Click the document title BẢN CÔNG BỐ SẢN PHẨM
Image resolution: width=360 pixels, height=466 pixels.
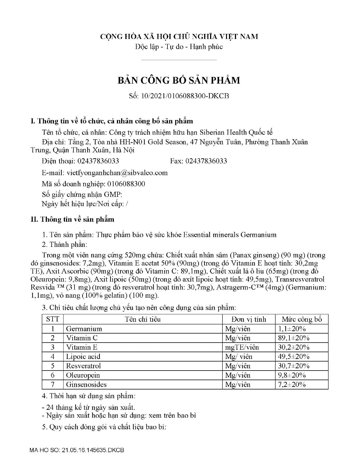(x=179, y=80)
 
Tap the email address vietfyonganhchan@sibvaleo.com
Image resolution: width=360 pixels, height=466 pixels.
(x=117, y=173)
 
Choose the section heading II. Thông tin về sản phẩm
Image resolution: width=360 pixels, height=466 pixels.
(x=73, y=219)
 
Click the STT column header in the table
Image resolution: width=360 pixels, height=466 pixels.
(x=53, y=319)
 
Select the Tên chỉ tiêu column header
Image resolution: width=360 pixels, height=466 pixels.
(x=143, y=319)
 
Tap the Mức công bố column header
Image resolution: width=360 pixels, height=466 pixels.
(x=302, y=319)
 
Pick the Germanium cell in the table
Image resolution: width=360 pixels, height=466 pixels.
(x=84, y=329)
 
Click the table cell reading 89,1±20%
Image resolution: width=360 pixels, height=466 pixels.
(x=294, y=338)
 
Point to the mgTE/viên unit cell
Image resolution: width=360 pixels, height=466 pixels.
(x=242, y=347)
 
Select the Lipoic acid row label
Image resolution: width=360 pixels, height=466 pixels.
(x=83, y=357)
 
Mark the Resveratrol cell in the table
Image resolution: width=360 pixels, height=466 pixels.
(x=83, y=366)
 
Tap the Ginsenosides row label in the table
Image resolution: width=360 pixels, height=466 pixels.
(x=86, y=384)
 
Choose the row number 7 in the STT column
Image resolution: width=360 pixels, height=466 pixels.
(x=53, y=384)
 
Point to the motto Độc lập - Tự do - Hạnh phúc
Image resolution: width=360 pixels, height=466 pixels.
(x=179, y=47)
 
